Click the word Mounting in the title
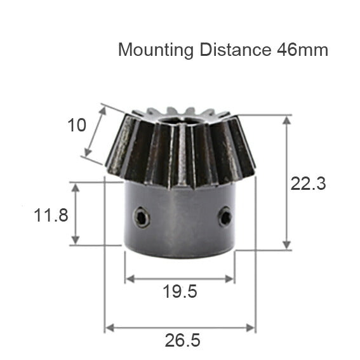(x=155, y=50)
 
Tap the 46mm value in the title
(x=302, y=50)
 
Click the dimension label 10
(x=76, y=125)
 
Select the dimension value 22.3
(x=308, y=184)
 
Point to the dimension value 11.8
(x=51, y=215)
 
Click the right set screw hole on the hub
(x=225, y=218)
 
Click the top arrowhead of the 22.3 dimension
(x=288, y=120)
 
